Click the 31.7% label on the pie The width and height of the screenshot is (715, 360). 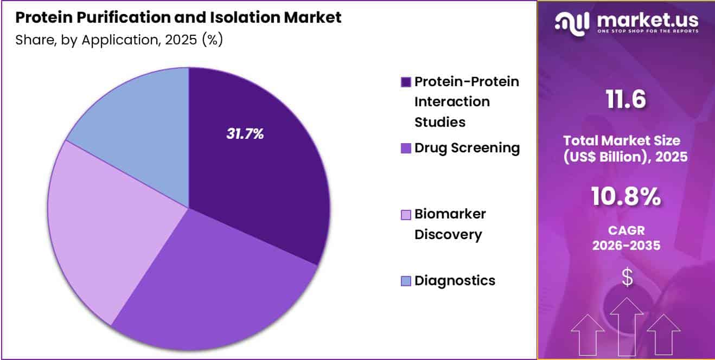coord(245,134)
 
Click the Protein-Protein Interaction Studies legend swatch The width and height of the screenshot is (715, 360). coord(406,82)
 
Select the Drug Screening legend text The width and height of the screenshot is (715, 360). coord(467,147)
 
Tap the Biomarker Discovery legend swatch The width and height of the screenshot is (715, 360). coord(406,215)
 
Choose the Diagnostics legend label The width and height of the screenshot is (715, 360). coord(455,280)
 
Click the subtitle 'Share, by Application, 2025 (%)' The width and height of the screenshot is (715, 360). coord(119,40)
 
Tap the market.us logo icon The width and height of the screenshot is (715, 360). coord(573,22)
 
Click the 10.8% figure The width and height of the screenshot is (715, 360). coord(626,198)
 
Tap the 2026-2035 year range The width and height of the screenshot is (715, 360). coord(626,245)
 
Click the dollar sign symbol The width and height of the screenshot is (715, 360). coord(627,278)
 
